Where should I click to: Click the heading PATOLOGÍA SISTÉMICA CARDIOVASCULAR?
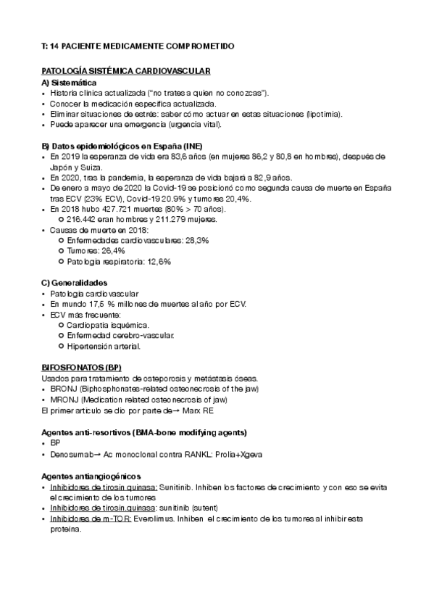pos(126,72)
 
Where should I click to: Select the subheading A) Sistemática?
pos(72,83)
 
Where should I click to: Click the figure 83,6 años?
pos(168,156)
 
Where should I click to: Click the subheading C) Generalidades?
pos(75,281)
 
